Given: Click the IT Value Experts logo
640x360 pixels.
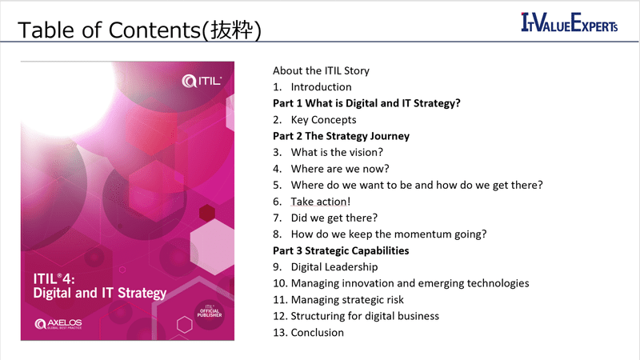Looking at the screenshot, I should pos(570,23).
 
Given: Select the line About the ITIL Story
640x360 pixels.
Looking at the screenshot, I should pos(321,70).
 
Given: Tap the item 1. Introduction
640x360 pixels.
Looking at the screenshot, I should pos(312,86).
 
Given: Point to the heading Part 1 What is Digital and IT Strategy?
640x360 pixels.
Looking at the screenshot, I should pos(366,103).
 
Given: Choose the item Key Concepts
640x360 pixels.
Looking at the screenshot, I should pos(323,119).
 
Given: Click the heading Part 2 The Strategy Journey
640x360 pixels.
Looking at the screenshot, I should pos(341,136).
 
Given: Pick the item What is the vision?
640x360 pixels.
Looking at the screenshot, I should pos(337,152).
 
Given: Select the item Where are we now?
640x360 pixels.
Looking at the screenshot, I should pos(340,168).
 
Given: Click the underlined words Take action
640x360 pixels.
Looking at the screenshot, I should pos(319,201).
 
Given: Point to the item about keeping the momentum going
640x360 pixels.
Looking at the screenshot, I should pos(389,234).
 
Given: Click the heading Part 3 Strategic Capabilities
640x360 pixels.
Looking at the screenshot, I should pos(341,250).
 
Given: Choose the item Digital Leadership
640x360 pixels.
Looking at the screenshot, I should pos(334,266).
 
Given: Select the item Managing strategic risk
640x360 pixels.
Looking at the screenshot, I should pos(346,299).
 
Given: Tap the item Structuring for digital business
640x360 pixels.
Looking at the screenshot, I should pos(364,315).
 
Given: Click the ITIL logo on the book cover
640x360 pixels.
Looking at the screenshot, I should pos(202,80).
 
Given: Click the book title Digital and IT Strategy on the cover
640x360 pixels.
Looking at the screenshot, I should pos(100,292).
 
